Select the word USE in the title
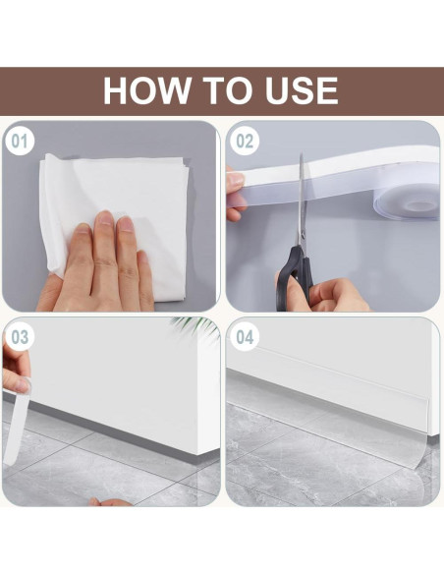[x=300, y=90]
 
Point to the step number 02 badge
[x=245, y=141]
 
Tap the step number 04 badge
[x=245, y=337]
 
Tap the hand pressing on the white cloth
[x=103, y=265]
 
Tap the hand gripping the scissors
[x=339, y=293]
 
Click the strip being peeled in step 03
[x=14, y=423]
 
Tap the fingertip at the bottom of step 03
[x=109, y=502]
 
